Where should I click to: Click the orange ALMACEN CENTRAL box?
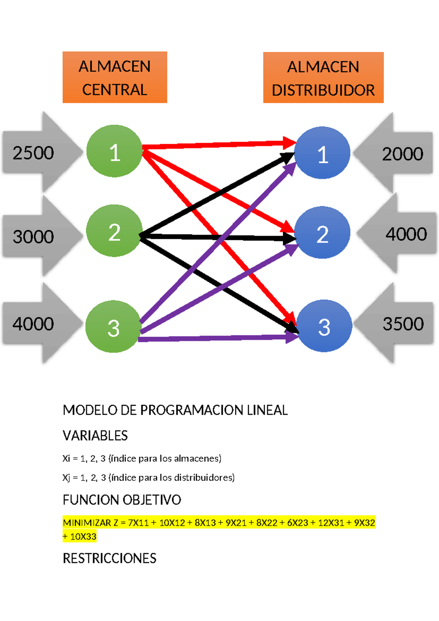pos(115,77)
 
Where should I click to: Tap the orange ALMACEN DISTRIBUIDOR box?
pos(323,78)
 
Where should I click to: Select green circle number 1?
pos(115,151)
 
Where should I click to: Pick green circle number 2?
pos(114,231)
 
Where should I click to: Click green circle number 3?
pos(113,327)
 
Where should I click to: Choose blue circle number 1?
pos(322,153)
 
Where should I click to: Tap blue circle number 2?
pos(322,233)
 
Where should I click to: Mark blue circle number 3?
pos(324,326)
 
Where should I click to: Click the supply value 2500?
pos(33,153)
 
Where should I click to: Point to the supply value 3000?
pos(33,236)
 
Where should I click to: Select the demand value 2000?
pos(402,154)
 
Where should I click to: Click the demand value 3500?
pos(403,324)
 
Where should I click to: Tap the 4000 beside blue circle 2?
pos(406,234)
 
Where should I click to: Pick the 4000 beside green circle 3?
pos(33,324)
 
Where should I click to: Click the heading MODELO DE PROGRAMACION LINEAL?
pos(175,410)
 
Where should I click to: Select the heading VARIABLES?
pos(95,436)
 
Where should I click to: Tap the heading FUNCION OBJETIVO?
pos(122,500)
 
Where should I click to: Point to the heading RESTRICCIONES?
pos(109,558)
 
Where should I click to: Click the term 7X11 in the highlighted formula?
pos(138,523)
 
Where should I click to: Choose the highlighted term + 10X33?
pos(79,537)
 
